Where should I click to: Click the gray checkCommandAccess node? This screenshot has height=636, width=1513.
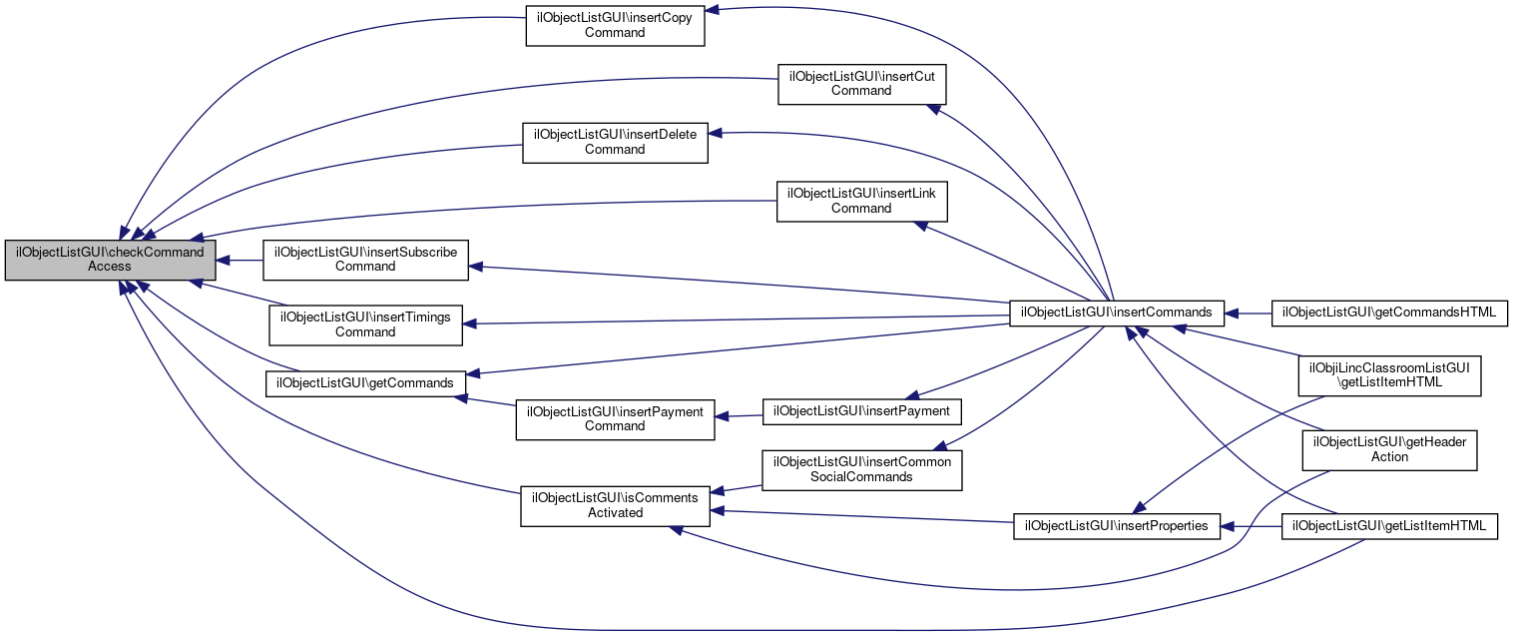click(111, 260)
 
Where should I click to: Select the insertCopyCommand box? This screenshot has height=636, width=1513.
click(615, 25)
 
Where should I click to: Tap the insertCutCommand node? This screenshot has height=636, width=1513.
click(861, 84)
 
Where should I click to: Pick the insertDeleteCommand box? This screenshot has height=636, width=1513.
click(615, 142)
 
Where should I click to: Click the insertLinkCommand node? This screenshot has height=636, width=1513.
click(861, 201)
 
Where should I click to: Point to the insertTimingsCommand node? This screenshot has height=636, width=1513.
click(365, 324)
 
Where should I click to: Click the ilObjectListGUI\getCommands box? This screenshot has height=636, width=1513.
click(365, 383)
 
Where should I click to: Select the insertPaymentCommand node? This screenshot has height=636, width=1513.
click(615, 419)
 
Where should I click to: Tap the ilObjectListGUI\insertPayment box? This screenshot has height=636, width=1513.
click(861, 411)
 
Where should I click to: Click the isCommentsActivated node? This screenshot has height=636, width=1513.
click(615, 505)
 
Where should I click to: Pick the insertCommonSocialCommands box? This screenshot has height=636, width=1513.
click(861, 469)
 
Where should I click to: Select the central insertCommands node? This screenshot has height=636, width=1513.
click(1116, 313)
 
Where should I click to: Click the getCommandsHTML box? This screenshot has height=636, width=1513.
click(1388, 313)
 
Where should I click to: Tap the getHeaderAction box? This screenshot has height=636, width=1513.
click(1389, 449)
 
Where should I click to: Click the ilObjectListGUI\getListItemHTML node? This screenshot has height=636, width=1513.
click(1389, 525)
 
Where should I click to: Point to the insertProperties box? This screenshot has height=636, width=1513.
click(1116, 525)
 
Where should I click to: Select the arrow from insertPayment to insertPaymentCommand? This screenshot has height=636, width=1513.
click(739, 415)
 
